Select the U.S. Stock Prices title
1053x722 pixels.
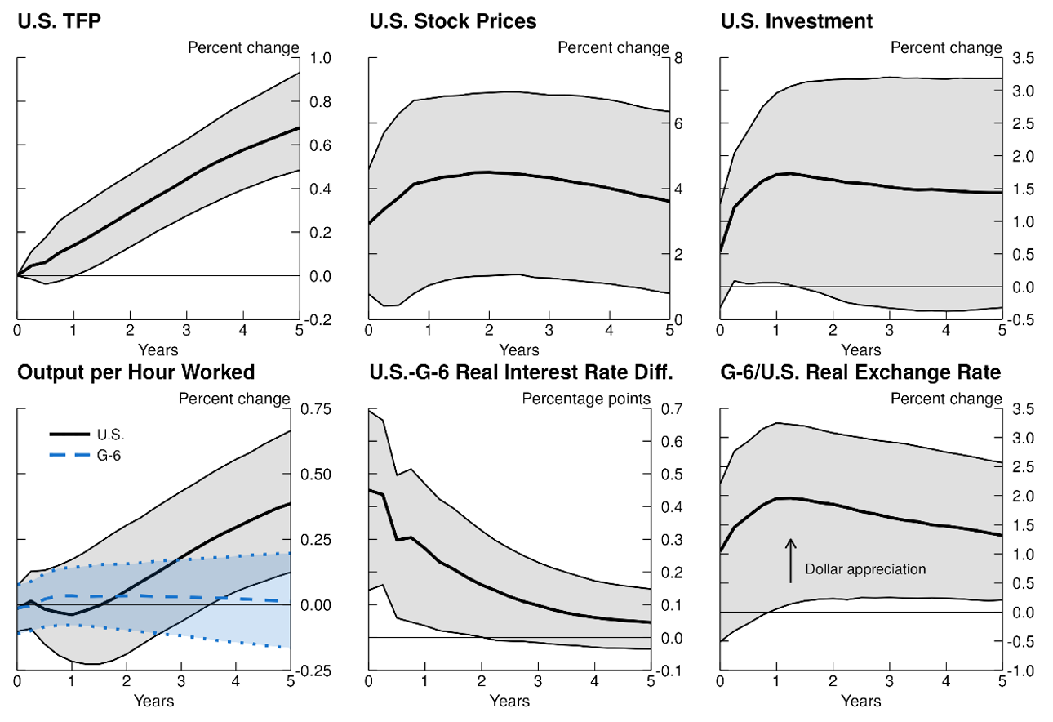[x=452, y=21]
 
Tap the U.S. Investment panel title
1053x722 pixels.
[x=796, y=21]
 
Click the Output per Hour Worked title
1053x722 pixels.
[x=136, y=372]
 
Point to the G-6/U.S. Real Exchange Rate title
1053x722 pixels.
[x=860, y=372]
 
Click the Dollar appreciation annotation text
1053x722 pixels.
[x=865, y=568]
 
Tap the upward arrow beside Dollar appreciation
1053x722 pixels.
[x=790, y=560]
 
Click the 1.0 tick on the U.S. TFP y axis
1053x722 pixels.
[x=321, y=58]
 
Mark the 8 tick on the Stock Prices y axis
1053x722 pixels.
[x=677, y=58]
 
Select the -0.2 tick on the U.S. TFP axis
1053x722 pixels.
[x=318, y=320]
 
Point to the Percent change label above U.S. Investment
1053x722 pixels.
[x=945, y=47]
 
